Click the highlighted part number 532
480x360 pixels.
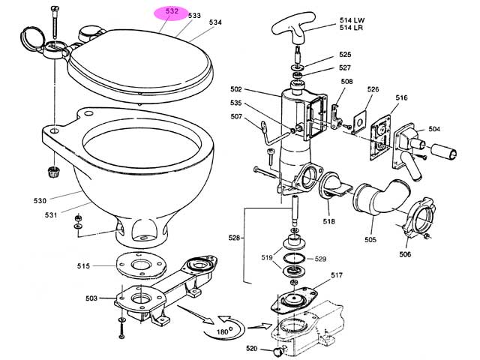tap(172, 11)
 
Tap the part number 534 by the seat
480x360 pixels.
tap(215, 22)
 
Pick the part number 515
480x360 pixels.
tap(83, 265)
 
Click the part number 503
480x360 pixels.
tap(91, 298)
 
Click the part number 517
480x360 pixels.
tap(335, 274)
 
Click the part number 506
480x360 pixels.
tap(405, 254)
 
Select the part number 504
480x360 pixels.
tap(433, 129)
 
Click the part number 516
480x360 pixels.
tap(401, 97)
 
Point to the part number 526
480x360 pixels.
tap(373, 90)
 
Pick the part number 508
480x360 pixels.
tap(346, 81)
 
